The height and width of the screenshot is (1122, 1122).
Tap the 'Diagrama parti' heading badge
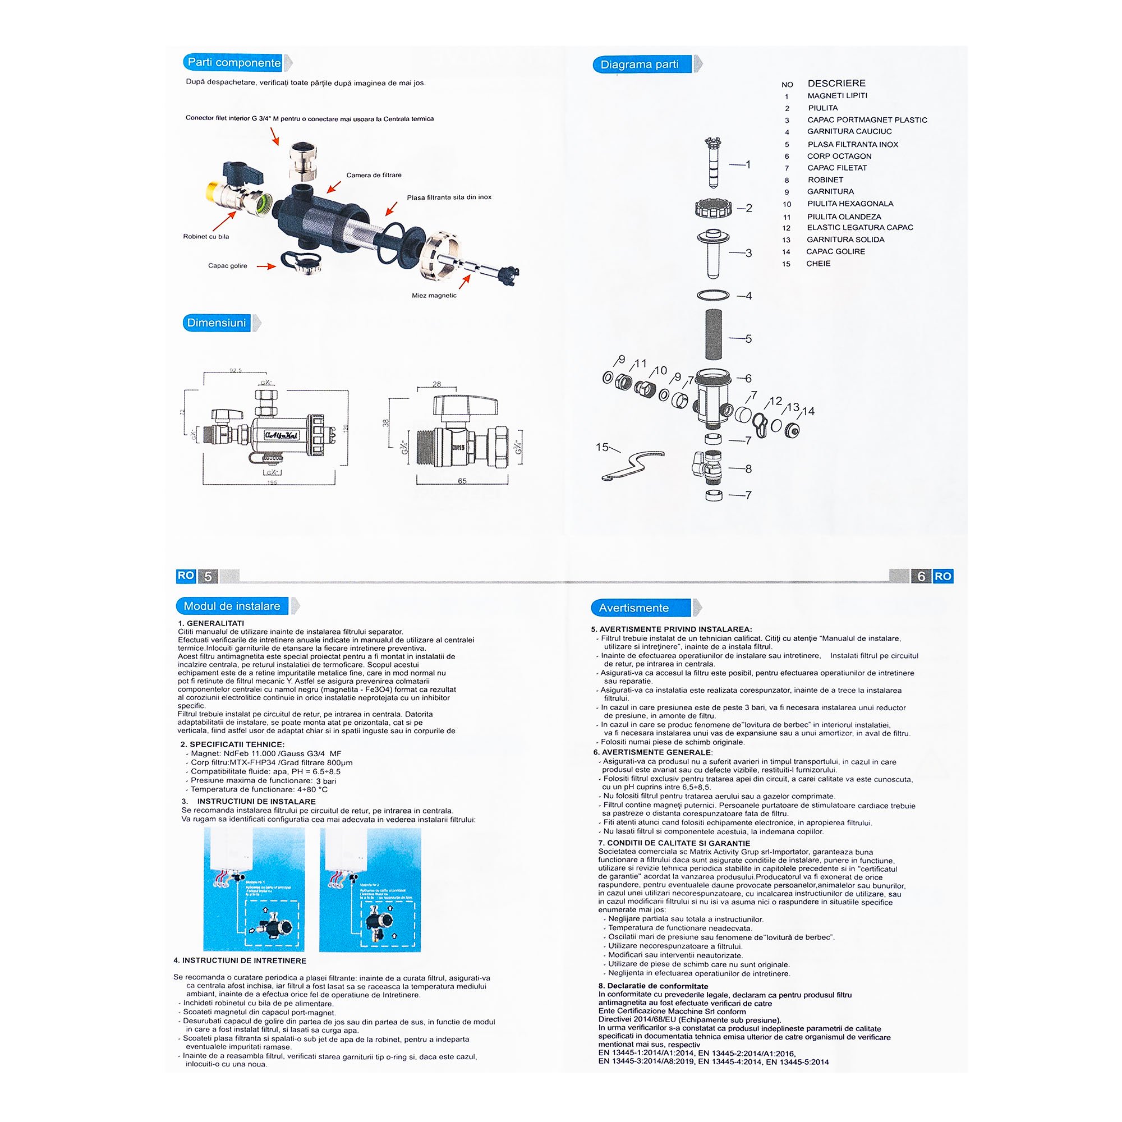pos(640,65)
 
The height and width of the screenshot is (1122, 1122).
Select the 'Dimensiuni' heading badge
pos(217,323)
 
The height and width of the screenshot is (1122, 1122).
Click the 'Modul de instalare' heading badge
pos(232,606)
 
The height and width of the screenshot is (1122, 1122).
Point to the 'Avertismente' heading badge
pos(633,608)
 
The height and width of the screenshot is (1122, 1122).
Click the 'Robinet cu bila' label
pos(206,236)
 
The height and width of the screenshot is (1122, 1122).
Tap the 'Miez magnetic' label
pos(434,296)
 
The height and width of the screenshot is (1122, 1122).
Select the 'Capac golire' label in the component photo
pos(228,266)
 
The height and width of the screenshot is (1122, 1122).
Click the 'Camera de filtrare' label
pos(374,175)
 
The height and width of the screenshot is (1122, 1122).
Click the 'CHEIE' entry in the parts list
pos(818,264)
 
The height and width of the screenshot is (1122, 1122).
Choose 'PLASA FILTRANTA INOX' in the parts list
pos(853,145)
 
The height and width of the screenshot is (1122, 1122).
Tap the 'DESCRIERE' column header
pos(836,83)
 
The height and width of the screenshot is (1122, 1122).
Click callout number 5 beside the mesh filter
pos(748,339)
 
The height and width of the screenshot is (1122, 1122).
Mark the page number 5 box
pos(208,576)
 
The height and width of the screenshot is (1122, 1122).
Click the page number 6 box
pos(921,576)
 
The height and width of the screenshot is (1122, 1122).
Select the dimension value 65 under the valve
pos(462,481)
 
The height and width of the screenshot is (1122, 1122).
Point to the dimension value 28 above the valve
pos(436,384)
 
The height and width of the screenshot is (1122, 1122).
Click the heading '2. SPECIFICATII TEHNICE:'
pos(232,744)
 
